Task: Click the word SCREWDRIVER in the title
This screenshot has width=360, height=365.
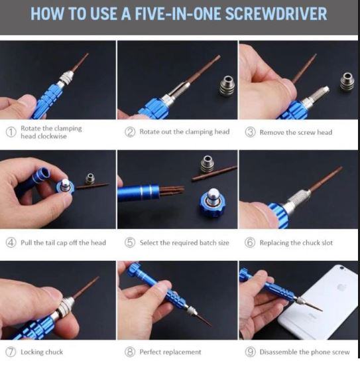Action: click(x=276, y=14)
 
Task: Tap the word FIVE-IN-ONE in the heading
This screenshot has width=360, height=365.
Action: click(x=178, y=14)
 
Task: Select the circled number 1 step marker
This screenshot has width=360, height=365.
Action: click(x=11, y=132)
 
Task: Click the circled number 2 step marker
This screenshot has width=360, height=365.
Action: click(x=130, y=132)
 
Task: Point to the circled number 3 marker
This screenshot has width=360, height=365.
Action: click(x=250, y=132)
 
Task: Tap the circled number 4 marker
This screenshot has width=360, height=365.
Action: click(x=11, y=242)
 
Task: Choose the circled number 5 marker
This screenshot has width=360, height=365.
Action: click(x=130, y=242)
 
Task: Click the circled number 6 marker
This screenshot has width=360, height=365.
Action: click(x=250, y=242)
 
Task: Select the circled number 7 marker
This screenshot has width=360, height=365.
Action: click(x=11, y=352)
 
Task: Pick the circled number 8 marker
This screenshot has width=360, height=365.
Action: click(x=130, y=352)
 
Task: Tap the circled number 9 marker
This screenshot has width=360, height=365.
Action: click(x=250, y=352)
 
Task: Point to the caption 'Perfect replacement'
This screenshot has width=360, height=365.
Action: click(x=170, y=352)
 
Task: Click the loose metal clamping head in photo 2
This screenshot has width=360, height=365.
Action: click(x=227, y=85)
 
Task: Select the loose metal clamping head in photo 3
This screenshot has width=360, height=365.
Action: click(x=347, y=82)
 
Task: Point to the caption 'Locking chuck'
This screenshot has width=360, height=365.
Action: click(x=42, y=352)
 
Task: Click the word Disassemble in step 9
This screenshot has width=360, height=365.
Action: click(x=278, y=352)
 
